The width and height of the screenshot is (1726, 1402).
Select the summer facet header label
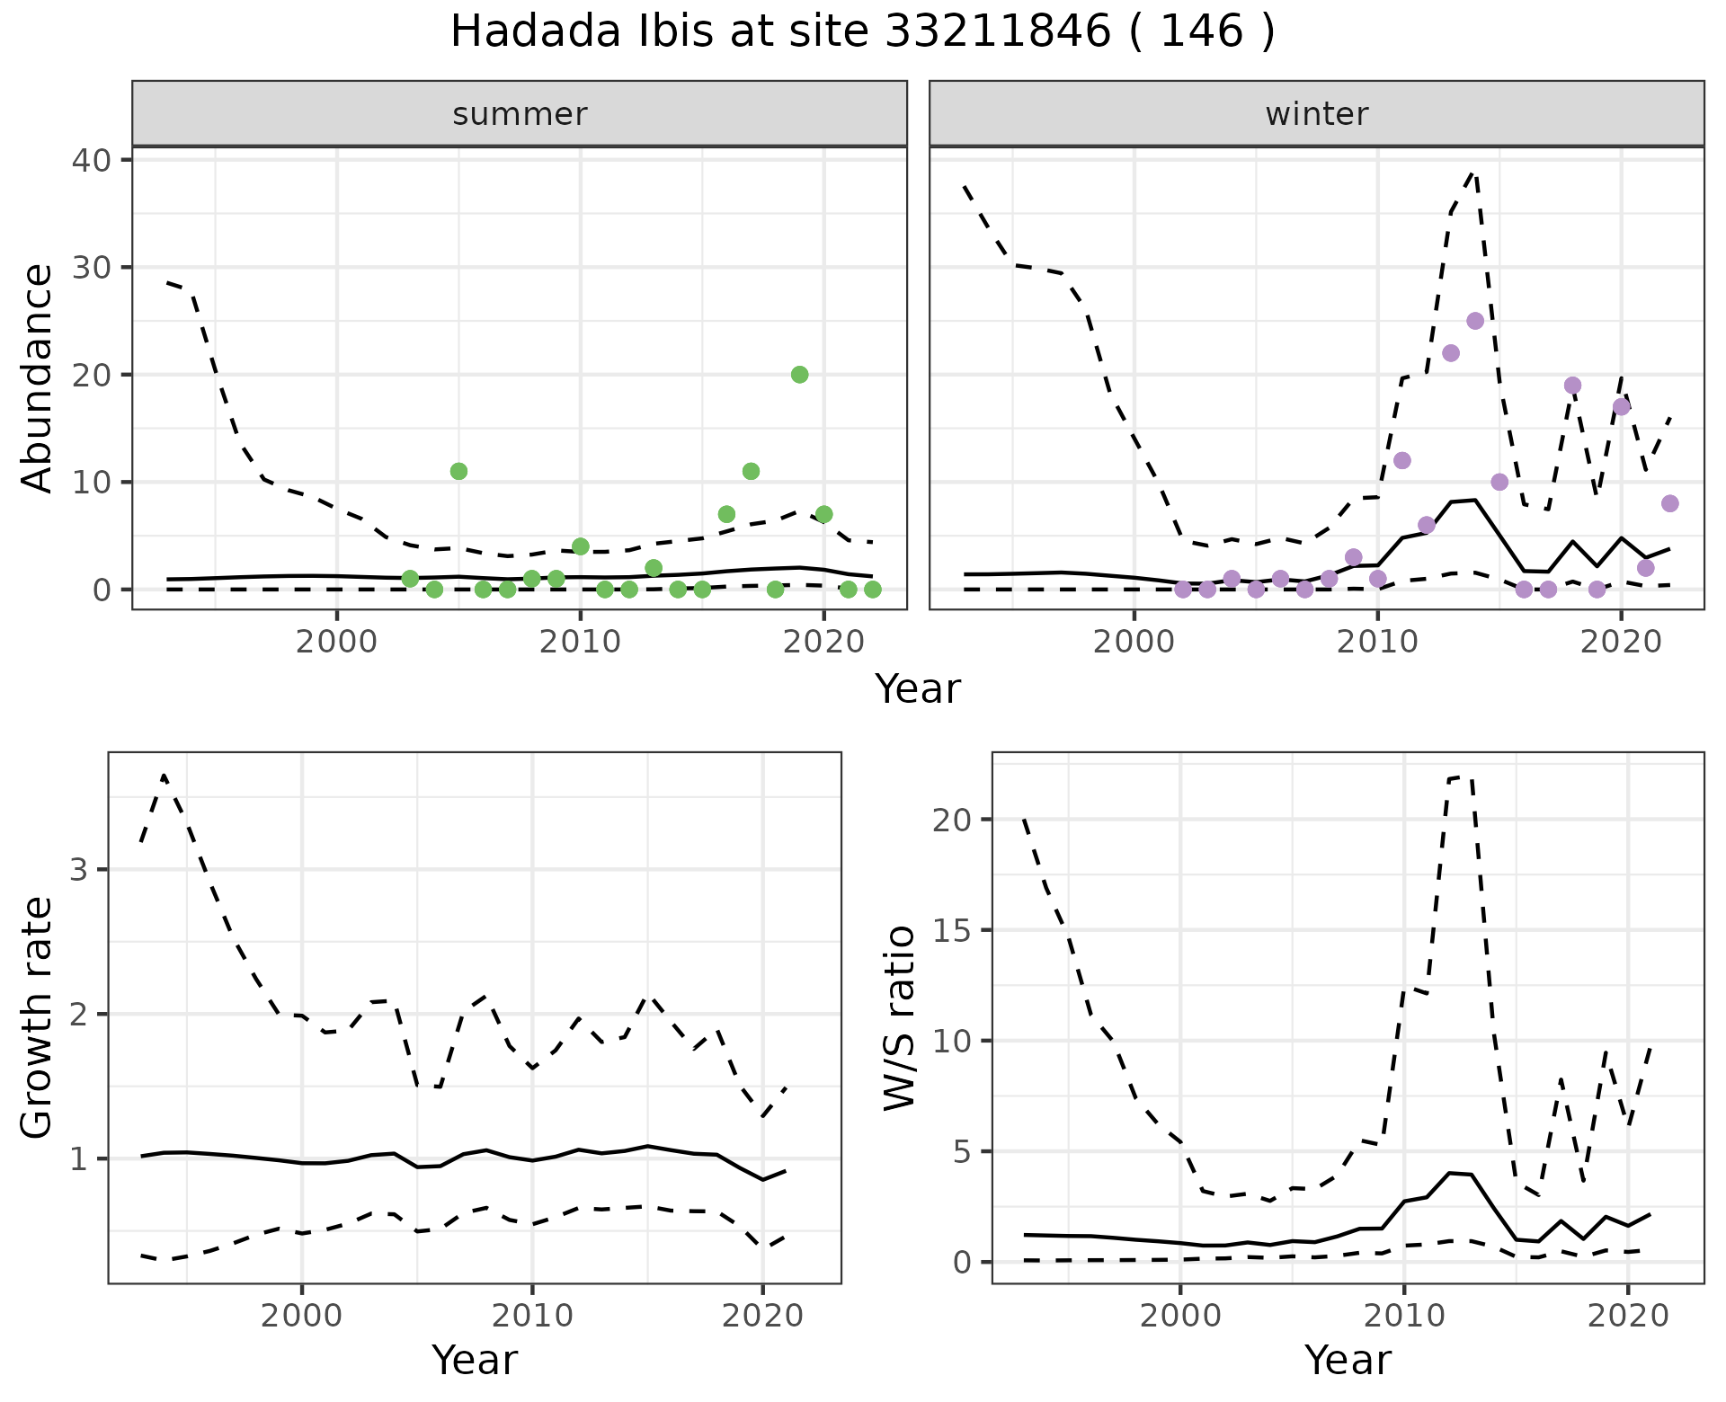pos(520,114)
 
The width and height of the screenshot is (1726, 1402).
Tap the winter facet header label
pos(1316,114)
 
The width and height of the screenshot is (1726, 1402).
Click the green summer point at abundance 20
pos(799,375)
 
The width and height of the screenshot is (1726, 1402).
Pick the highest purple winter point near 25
pos(1475,321)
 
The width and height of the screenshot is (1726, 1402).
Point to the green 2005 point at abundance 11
pos(458,471)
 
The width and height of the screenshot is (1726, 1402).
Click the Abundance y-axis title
pos(38,377)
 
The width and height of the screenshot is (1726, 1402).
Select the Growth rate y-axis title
pos(38,1017)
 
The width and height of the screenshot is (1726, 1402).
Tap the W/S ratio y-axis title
pos(899,1017)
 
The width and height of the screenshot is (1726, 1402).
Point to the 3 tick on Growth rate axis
pos(83,869)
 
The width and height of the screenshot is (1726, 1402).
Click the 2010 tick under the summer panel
pos(580,643)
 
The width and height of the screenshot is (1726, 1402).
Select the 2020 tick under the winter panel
pos(1620,643)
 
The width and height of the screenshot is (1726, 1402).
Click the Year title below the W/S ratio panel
pos(1348,1361)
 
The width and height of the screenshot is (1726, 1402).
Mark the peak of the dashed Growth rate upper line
pos(164,775)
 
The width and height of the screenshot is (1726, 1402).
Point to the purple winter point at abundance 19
pos(1572,386)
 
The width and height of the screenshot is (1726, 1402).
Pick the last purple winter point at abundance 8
pos(1669,503)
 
